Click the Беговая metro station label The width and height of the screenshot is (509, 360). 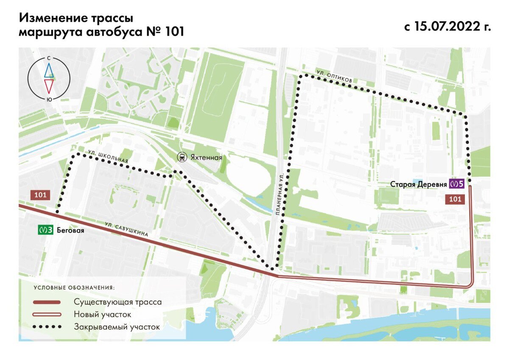pyautogui.click(x=71, y=231)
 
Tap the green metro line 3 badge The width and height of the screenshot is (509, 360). pyautogui.click(x=45, y=231)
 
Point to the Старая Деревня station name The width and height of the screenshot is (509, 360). pyautogui.click(x=418, y=184)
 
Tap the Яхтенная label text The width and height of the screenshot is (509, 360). pyautogui.click(x=206, y=157)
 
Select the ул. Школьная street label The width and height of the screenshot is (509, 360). pyautogui.click(x=108, y=156)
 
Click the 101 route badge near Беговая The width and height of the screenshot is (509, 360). pyautogui.click(x=40, y=195)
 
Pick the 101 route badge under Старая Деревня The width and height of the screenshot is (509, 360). pyautogui.click(x=455, y=199)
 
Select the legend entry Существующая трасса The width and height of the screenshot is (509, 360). pyautogui.click(x=117, y=302)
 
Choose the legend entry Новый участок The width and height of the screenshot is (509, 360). pyautogui.click(x=102, y=315)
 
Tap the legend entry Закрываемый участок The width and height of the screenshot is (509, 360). pyautogui.click(x=117, y=327)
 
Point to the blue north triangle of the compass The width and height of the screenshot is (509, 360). pyautogui.click(x=49, y=70)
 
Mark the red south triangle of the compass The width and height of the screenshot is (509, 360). pyautogui.click(x=49, y=86)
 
